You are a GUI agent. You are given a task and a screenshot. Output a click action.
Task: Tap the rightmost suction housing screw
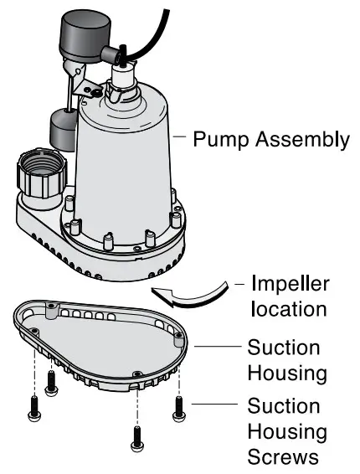(x=177, y=407)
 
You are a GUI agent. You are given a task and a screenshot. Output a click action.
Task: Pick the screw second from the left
(x=50, y=382)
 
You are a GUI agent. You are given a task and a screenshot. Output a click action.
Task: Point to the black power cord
(x=155, y=25)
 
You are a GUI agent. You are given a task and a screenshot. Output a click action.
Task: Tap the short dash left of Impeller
(x=239, y=283)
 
